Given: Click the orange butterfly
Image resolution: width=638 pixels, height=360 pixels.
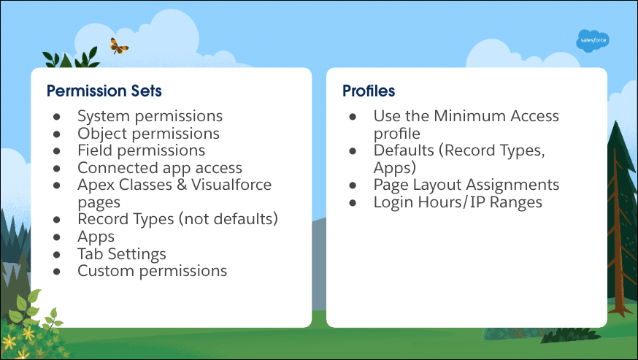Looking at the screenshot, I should click(119, 46).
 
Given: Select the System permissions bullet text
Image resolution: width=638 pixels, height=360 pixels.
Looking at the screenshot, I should click(150, 116).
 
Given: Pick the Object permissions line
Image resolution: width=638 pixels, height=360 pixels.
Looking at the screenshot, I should click(148, 134).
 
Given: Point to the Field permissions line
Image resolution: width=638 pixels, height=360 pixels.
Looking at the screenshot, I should click(141, 150).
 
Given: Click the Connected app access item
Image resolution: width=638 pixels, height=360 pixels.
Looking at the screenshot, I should click(160, 168).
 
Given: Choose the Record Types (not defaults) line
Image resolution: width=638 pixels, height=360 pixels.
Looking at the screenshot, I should click(178, 219).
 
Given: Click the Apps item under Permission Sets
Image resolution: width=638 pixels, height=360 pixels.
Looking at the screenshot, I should click(96, 237).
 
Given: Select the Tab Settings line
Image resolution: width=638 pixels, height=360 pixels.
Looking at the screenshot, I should click(122, 253).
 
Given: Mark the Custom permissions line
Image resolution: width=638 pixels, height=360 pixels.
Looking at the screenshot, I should click(152, 271).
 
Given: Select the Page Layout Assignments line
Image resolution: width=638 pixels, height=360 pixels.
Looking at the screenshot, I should click(466, 185).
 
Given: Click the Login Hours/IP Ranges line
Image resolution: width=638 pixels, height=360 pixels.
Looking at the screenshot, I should click(458, 202).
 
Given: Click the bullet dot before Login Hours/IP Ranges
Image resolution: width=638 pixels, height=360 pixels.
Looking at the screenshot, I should click(353, 203).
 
